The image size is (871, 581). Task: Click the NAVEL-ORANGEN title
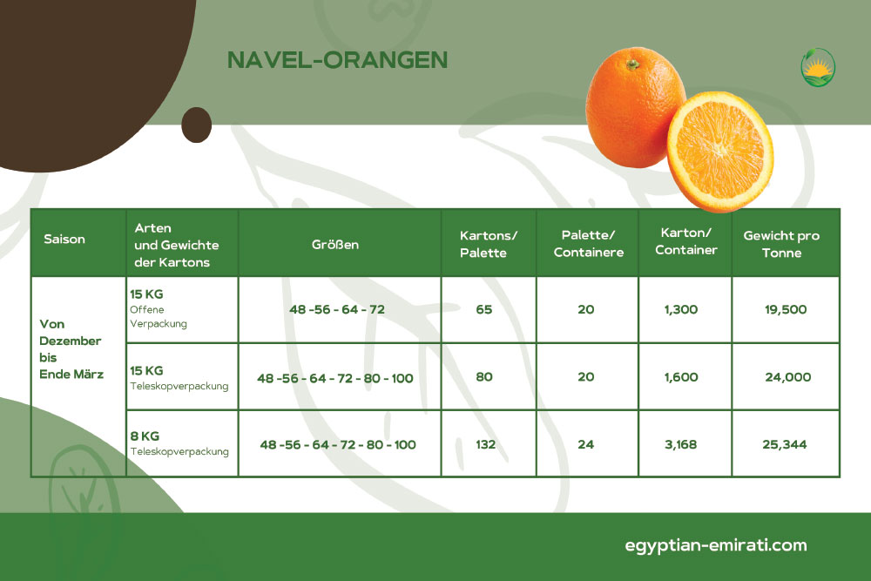click(338, 60)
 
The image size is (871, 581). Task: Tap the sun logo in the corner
click(818, 67)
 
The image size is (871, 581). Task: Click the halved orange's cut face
click(720, 151)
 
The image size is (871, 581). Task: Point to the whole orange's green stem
click(632, 65)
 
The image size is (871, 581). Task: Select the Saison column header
click(64, 240)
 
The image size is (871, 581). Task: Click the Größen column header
click(335, 245)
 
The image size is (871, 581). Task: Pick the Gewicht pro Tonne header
click(781, 244)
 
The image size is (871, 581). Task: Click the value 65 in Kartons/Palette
click(483, 309)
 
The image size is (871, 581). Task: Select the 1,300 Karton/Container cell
click(681, 309)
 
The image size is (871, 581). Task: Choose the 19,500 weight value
click(786, 309)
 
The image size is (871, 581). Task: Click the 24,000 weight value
click(787, 377)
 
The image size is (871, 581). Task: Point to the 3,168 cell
click(680, 444)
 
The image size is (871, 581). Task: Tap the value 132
click(485, 444)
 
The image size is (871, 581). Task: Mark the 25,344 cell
click(785, 444)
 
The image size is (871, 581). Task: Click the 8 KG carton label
click(145, 436)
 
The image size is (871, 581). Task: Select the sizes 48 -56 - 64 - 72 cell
click(336, 309)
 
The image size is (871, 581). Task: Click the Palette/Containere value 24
click(585, 444)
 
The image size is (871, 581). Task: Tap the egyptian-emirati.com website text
click(715, 545)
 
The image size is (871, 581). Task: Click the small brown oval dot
click(197, 125)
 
